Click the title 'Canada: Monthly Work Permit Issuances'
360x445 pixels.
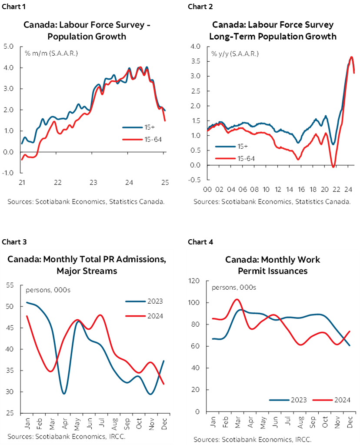273,265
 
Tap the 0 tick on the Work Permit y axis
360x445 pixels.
197,412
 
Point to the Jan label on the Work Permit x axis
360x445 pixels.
213,422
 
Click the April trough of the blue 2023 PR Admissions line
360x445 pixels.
64,394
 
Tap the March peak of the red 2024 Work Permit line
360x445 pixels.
237,299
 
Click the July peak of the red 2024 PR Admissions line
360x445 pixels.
101,315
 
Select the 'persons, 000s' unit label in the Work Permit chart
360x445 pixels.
233,288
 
